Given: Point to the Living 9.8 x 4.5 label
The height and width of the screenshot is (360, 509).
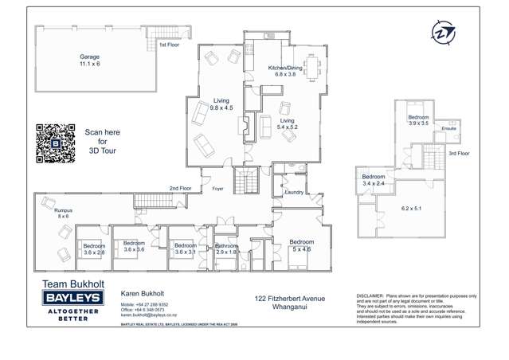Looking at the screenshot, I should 221,104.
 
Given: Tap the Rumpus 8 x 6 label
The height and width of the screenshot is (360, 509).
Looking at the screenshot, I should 63,213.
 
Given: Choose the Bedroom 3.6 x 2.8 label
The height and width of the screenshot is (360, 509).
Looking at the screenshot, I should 94,249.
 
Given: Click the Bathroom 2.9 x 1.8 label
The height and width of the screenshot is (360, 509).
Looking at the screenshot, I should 227,249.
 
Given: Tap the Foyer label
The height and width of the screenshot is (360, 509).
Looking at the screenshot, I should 217,189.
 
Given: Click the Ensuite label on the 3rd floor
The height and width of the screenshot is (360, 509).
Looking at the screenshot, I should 448,128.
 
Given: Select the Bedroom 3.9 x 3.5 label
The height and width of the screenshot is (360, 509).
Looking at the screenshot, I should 418,120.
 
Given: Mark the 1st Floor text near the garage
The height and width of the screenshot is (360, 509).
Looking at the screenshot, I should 168,45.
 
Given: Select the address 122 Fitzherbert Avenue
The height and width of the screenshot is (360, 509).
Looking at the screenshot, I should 290,299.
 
